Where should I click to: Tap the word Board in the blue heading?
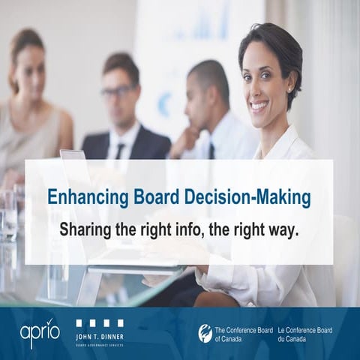[140, 196]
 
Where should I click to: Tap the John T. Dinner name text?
[100, 335]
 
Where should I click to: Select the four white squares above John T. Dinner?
[100, 322]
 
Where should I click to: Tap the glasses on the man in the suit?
[118, 93]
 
